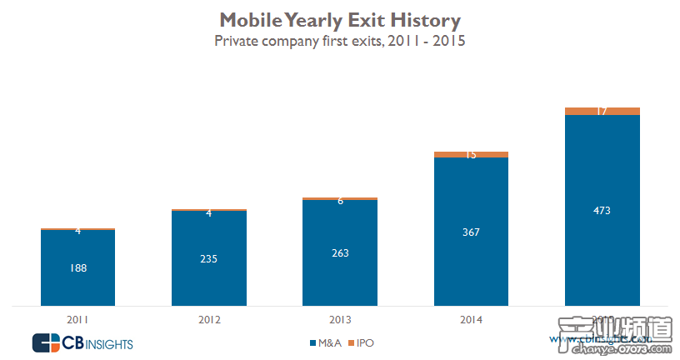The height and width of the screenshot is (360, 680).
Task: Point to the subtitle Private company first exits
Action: pyautogui.click(x=339, y=40)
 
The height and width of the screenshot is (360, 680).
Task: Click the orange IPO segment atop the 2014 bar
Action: pyautogui.click(x=471, y=154)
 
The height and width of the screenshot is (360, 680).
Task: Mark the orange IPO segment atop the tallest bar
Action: pyautogui.click(x=602, y=111)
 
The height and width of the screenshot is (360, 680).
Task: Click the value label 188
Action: pyautogui.click(x=78, y=267)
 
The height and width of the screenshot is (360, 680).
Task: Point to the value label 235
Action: pyautogui.click(x=209, y=259)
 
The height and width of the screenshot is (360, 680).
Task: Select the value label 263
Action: pyautogui.click(x=340, y=253)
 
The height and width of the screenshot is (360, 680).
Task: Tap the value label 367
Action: pyautogui.click(x=471, y=232)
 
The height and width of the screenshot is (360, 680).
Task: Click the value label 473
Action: pyautogui.click(x=602, y=210)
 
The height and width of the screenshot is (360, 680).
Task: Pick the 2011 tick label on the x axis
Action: pyautogui.click(x=78, y=318)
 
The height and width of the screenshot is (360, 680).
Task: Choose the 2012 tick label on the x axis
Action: pyautogui.click(x=209, y=318)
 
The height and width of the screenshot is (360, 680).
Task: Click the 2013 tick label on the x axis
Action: pyautogui.click(x=340, y=318)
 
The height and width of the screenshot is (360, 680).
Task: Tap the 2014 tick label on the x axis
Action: pyautogui.click(x=471, y=318)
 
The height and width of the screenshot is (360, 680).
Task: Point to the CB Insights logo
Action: pyautogui.click(x=82, y=342)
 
